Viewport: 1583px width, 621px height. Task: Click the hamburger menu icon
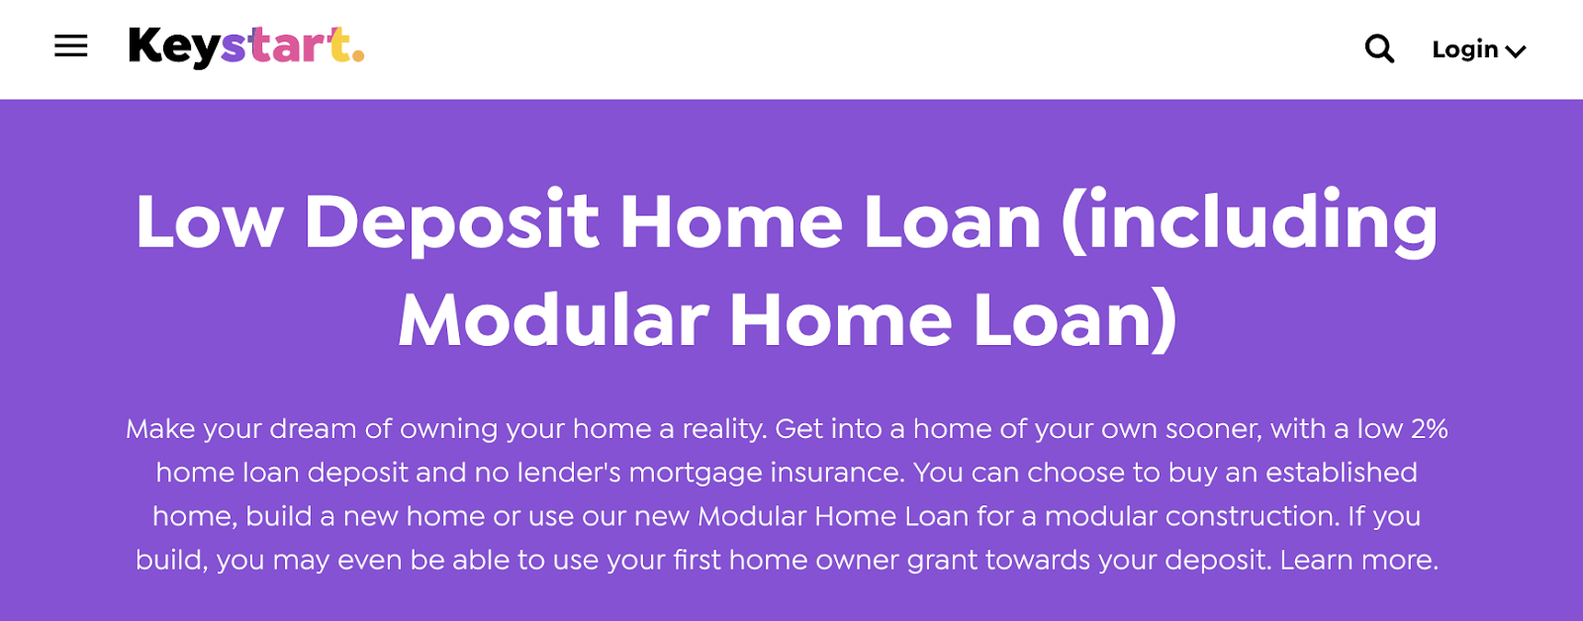click(x=70, y=46)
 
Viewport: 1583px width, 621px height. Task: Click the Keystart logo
click(x=246, y=47)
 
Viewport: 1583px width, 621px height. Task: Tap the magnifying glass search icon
click(x=1379, y=48)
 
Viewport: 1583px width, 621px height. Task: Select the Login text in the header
click(x=1465, y=49)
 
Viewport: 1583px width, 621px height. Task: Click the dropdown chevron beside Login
click(x=1515, y=50)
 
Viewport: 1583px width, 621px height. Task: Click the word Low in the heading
click(x=209, y=222)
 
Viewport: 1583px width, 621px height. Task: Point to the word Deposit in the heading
click(x=452, y=223)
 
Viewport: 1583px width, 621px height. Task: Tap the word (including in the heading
click(x=1250, y=223)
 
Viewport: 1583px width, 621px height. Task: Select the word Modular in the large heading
click(x=553, y=320)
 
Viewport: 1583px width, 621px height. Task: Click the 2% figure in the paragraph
click(x=1429, y=429)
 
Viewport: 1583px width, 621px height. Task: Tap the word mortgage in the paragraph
click(x=696, y=474)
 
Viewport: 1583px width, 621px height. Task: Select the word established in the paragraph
click(x=1342, y=473)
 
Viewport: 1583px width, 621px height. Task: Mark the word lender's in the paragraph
click(x=569, y=472)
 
